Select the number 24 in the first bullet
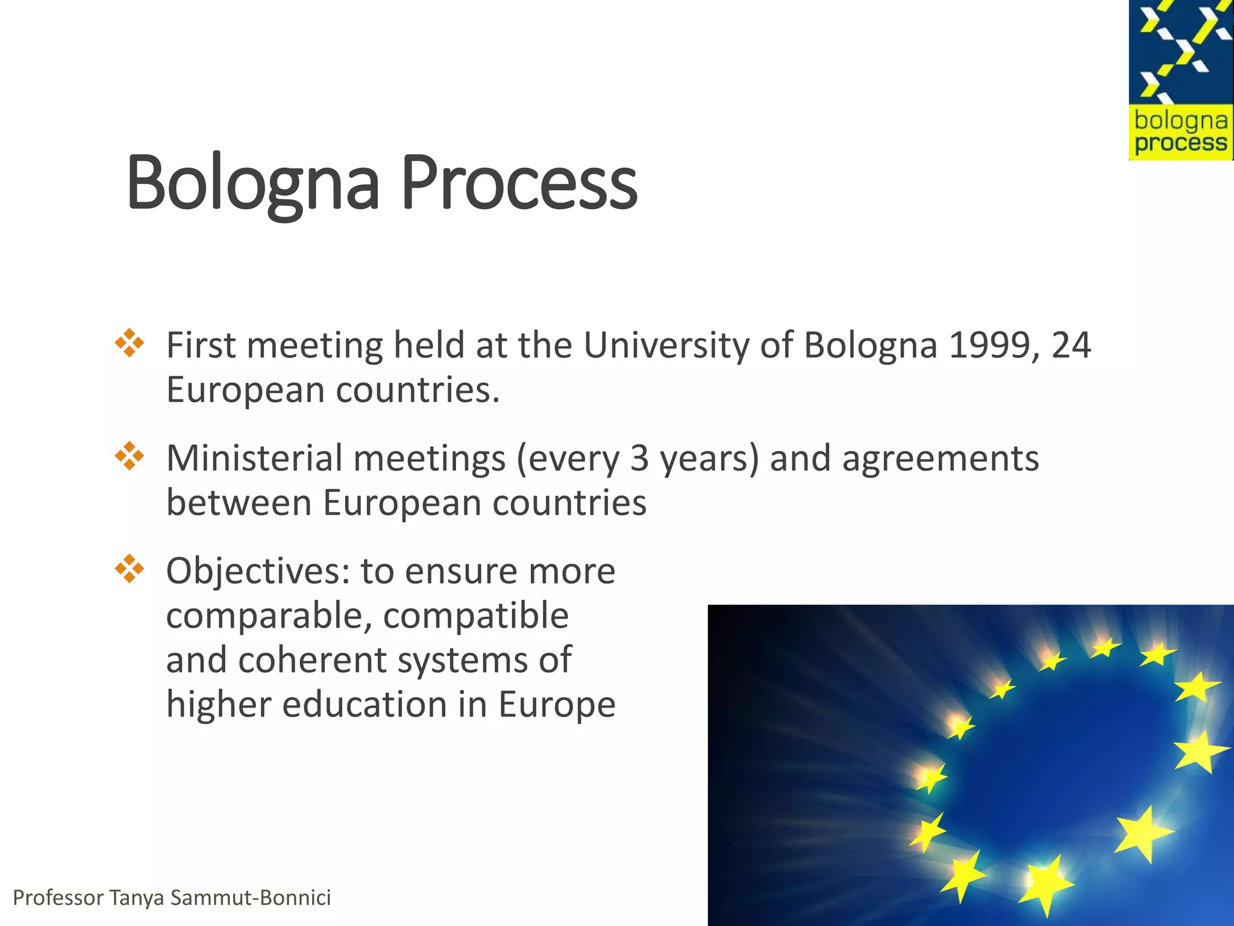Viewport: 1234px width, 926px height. (x=1071, y=345)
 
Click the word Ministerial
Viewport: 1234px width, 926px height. (x=254, y=458)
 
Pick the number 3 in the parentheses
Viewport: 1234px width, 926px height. (x=640, y=458)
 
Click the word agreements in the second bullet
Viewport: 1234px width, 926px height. (x=941, y=458)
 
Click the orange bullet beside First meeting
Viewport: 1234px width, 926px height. (x=130, y=343)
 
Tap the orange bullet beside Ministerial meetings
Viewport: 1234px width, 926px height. (x=130, y=456)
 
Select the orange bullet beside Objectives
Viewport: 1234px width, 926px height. (x=130, y=569)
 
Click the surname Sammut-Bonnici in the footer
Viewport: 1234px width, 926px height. (x=251, y=898)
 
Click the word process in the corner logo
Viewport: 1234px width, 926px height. (x=1180, y=143)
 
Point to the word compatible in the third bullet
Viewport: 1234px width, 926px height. (x=476, y=616)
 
